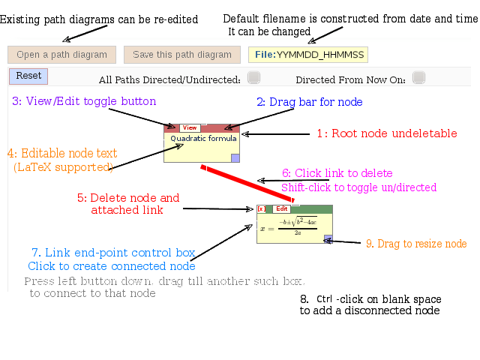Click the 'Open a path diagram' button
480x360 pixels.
[62, 55]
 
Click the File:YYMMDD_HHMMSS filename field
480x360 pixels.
[308, 55]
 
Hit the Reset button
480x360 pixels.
[28, 76]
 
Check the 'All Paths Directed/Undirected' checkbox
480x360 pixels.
[253, 76]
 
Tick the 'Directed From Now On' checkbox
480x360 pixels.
[418, 76]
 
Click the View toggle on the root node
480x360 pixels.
[190, 128]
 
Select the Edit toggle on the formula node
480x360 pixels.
[281, 209]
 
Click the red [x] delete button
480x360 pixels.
[261, 209]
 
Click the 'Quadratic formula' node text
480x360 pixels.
[203, 139]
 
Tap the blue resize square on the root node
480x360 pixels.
[235, 157]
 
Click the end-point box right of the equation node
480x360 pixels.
[337, 224]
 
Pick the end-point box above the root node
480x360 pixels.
[202, 119]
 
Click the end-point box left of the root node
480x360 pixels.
[160, 143]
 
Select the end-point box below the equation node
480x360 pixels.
[295, 247]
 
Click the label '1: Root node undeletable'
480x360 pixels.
[386, 134]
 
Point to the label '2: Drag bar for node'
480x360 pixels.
[309, 102]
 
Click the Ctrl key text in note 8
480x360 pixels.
[324, 298]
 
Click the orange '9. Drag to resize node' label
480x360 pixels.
[416, 244]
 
